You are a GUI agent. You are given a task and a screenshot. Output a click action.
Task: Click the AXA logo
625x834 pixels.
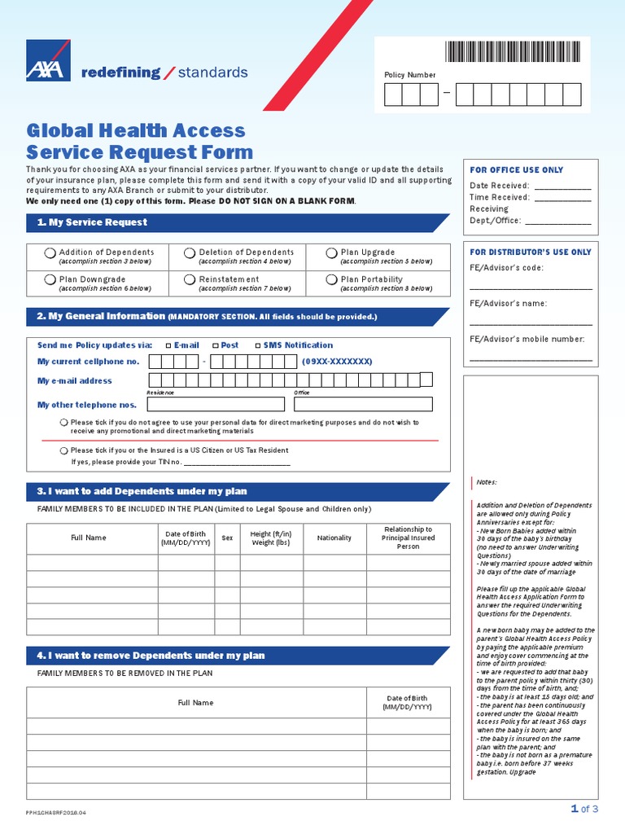pos(46,62)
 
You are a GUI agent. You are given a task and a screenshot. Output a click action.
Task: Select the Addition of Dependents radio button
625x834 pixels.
pos(50,254)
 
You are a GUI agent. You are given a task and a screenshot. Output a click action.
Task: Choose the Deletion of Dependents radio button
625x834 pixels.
pos(190,254)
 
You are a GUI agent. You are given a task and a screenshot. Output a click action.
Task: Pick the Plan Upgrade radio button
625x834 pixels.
pos(331,253)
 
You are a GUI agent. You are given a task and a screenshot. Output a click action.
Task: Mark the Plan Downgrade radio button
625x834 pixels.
pos(50,280)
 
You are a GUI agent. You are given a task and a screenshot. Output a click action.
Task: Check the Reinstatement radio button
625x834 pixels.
pos(190,280)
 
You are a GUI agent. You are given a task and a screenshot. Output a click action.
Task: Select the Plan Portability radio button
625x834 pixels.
pos(331,280)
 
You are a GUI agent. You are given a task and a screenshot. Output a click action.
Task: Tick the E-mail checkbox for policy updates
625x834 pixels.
pos(168,345)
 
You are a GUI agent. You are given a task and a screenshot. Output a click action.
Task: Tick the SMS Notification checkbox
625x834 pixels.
pos(258,345)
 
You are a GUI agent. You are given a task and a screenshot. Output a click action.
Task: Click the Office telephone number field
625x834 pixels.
pos(363,404)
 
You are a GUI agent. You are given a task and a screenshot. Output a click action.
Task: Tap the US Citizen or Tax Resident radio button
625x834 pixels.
pos(63,450)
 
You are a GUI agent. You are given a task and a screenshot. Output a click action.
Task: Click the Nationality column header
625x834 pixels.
pos(334,538)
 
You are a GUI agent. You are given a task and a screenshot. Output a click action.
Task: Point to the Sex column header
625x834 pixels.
pos(227,538)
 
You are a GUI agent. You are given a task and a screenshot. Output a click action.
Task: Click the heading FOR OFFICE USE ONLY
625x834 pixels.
pos(516,170)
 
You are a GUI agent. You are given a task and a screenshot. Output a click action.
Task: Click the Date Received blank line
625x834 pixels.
pos(563,187)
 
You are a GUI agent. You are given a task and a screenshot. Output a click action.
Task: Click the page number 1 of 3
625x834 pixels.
pos(584,809)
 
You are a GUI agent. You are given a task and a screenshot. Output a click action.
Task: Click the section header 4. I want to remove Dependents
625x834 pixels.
pos(151,656)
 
